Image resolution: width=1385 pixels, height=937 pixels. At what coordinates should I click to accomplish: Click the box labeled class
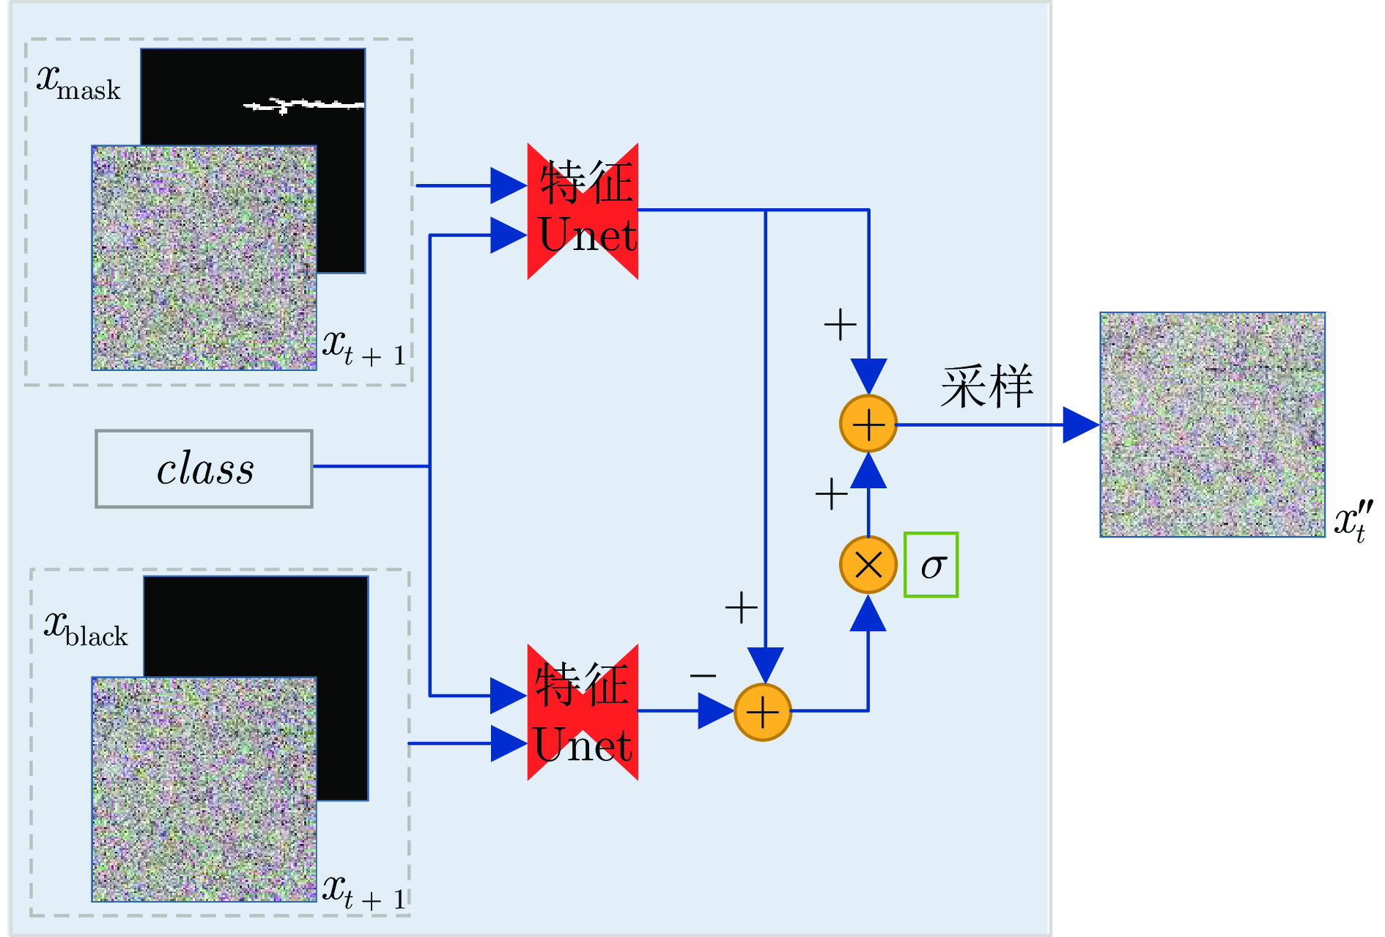click(x=204, y=468)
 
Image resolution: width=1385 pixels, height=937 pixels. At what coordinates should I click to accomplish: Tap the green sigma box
click(x=931, y=565)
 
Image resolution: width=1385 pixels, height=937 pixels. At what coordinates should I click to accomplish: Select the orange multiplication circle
click(x=868, y=565)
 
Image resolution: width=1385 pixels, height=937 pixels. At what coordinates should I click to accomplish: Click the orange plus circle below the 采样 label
click(x=868, y=424)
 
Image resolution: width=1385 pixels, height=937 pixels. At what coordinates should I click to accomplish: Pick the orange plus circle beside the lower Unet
click(x=762, y=712)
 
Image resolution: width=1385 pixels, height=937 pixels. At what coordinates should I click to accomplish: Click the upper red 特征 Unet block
click(x=583, y=210)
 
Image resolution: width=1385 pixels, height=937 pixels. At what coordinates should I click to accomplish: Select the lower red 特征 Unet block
click(x=583, y=712)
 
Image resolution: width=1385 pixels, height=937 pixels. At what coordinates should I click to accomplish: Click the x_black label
click(x=86, y=629)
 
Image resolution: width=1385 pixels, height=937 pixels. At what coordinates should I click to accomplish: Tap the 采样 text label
click(x=987, y=386)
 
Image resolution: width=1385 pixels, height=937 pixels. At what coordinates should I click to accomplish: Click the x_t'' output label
click(x=1353, y=521)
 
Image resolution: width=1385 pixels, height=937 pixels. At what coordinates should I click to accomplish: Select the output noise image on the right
click(x=1212, y=425)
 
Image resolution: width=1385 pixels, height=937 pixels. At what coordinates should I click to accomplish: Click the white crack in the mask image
click(x=304, y=106)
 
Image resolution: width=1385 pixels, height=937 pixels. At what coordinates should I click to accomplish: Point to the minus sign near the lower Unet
click(x=703, y=675)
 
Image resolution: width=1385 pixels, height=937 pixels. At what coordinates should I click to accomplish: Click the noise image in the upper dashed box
click(x=204, y=257)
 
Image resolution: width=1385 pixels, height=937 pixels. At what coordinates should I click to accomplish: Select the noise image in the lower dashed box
click(x=204, y=789)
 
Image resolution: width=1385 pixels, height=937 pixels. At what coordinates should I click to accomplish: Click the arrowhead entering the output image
click(x=1081, y=425)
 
